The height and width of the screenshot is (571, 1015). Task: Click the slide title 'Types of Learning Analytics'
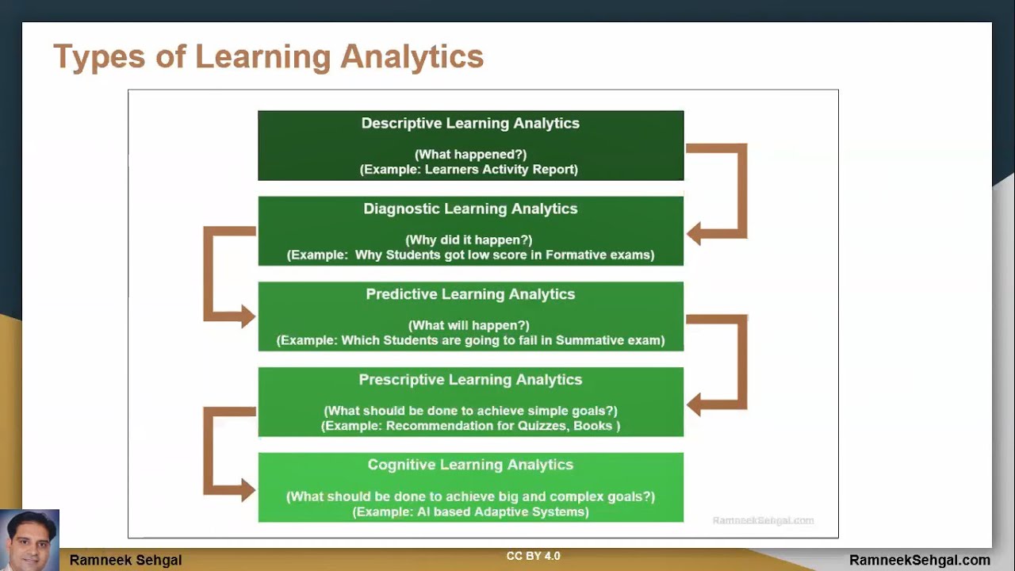coord(268,58)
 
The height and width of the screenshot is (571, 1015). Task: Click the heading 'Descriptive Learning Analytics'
coord(470,124)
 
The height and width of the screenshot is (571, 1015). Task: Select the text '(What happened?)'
coord(470,155)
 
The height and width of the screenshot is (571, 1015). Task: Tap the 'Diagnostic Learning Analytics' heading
coord(470,209)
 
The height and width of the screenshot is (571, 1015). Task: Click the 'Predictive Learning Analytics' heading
coord(470,294)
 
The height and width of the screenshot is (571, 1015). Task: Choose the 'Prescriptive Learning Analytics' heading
coord(470,380)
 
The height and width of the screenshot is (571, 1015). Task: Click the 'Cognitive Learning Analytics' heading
coord(470,466)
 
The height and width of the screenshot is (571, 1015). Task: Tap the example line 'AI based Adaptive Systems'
coord(470,512)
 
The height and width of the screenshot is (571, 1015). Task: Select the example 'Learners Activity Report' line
coord(469,170)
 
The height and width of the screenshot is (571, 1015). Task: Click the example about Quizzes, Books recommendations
coord(470,426)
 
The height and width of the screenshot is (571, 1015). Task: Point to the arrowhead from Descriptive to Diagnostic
coord(695,234)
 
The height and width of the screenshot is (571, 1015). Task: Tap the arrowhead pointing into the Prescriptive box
coord(695,404)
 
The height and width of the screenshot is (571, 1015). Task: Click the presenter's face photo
coord(30,540)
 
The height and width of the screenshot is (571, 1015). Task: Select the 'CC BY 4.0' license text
coord(533,556)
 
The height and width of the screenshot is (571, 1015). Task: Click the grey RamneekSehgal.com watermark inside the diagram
coord(763,520)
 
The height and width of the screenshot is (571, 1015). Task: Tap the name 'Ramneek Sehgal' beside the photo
coord(125,560)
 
